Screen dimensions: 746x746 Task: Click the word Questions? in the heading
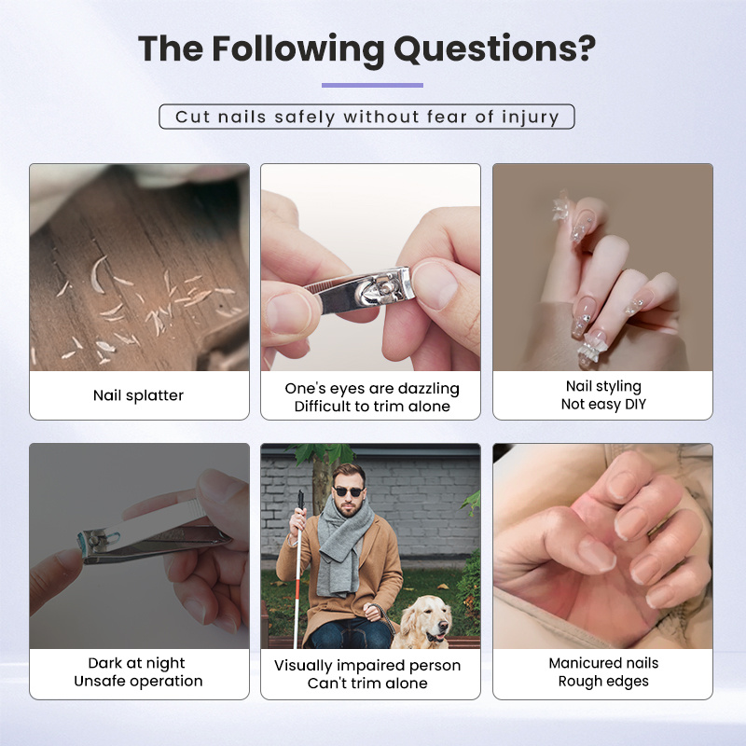(495, 49)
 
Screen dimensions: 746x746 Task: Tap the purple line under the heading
(372, 85)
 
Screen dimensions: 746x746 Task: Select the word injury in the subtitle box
(530, 117)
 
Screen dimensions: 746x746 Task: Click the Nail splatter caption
(138, 395)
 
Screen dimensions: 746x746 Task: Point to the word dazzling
(429, 389)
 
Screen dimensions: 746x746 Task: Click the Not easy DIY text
(603, 405)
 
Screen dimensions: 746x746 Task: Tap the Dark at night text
(136, 663)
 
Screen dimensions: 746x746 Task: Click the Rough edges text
(603, 682)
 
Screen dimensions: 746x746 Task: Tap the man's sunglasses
(349, 491)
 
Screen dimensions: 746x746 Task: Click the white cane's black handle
(300, 500)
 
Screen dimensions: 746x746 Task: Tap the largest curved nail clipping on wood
(97, 274)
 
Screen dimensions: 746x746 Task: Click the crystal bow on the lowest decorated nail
(588, 351)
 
